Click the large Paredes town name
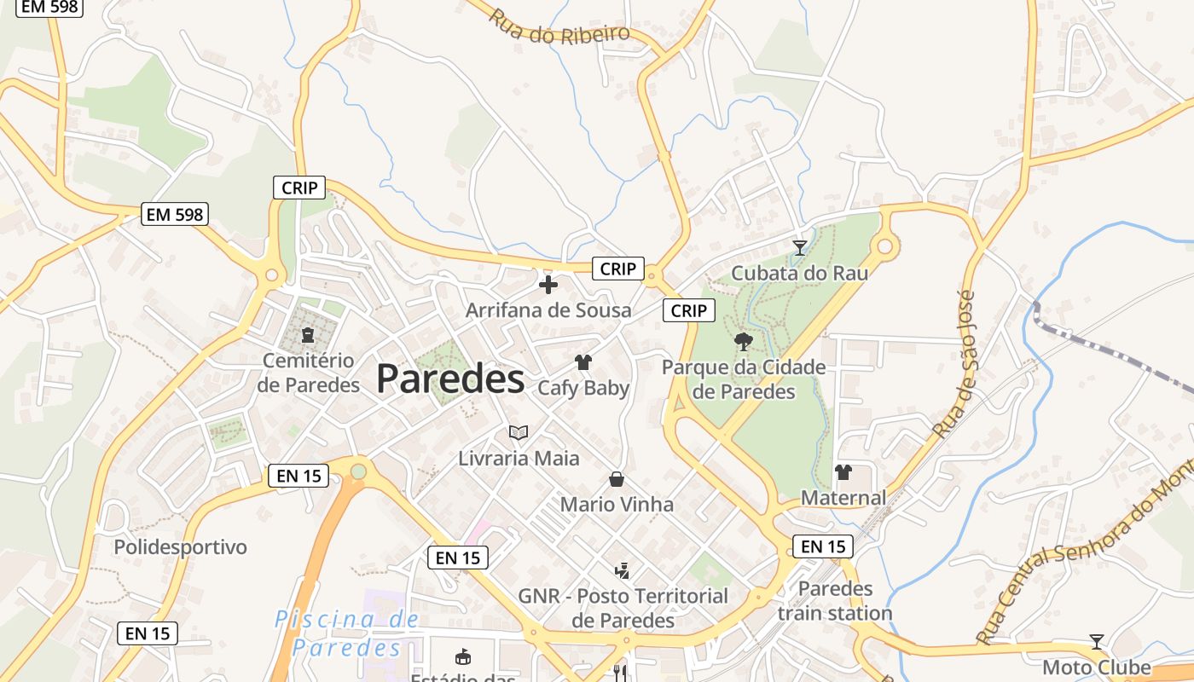[x=449, y=379]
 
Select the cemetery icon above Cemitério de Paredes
[x=308, y=334]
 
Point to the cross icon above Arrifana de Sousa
[x=548, y=284]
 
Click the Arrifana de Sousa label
[x=548, y=310]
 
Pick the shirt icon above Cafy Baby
[x=583, y=362]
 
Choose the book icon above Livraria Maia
[x=519, y=432]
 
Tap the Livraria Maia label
[x=519, y=459]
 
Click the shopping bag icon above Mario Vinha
[x=617, y=479]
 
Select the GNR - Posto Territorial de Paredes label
[x=623, y=608]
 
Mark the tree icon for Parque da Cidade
[x=744, y=342]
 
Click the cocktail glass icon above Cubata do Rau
[x=799, y=247]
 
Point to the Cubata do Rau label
[x=799, y=273]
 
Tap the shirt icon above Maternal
[x=843, y=471]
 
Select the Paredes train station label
[x=835, y=601]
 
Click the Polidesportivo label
[x=180, y=546]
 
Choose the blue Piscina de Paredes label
[x=346, y=633]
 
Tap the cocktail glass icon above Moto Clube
[x=1097, y=641]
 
